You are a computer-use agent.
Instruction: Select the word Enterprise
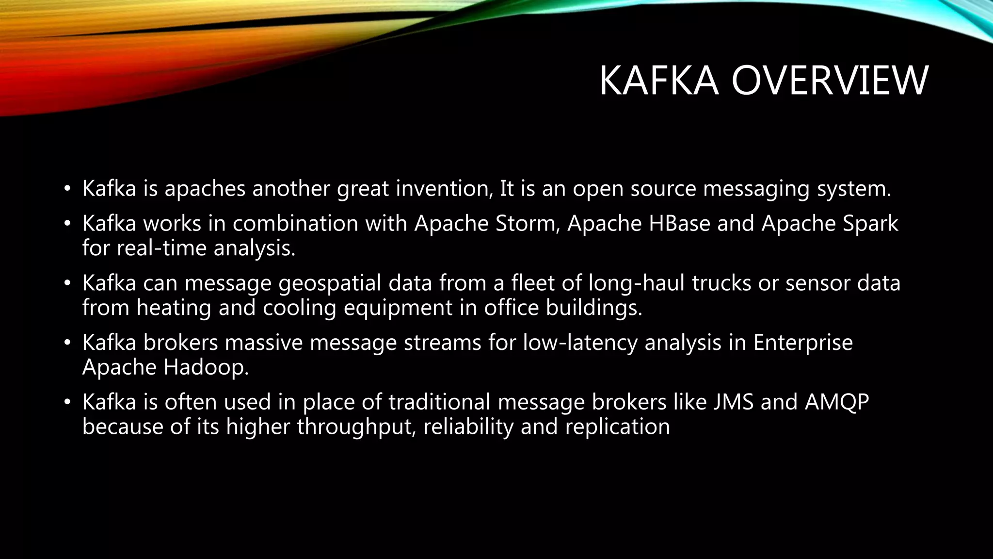click(802, 343)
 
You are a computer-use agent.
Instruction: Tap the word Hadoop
click(206, 367)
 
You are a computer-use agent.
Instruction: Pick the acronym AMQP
click(837, 402)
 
